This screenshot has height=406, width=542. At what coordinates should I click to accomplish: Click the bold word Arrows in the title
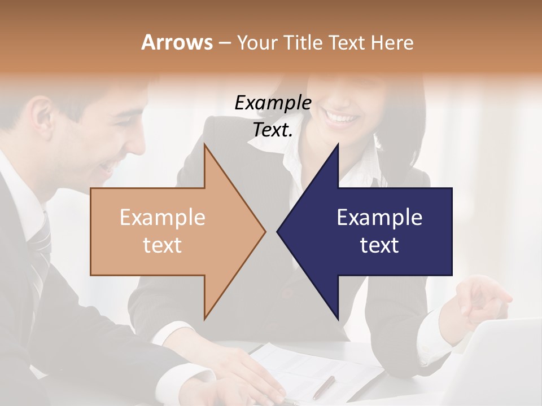177,42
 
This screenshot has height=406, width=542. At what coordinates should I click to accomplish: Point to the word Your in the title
257,42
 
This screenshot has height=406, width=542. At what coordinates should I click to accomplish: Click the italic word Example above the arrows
273,103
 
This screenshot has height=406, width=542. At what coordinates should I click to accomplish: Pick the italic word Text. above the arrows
273,130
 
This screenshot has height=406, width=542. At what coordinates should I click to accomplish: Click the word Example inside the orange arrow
162,218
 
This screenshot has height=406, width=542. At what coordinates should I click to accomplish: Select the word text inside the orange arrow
162,245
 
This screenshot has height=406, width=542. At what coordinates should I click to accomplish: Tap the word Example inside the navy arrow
379,218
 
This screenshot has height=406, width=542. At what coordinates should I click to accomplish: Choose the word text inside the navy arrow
379,245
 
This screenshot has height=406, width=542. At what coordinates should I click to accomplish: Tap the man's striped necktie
40,248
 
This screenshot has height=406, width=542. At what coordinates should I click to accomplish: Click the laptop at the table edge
497,367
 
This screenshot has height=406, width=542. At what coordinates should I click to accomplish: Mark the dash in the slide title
224,43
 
